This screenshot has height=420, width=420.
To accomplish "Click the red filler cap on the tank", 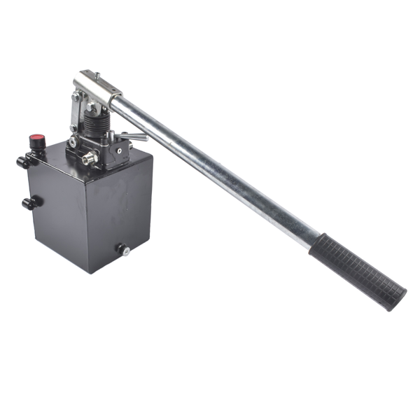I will pyautogui.click(x=36, y=139).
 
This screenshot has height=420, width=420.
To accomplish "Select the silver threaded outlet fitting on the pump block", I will pyautogui.click(x=87, y=159).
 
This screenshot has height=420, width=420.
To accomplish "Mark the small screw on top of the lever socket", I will pyautogui.click(x=97, y=74).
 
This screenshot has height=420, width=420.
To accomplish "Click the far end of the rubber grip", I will pyautogui.click(x=399, y=298).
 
